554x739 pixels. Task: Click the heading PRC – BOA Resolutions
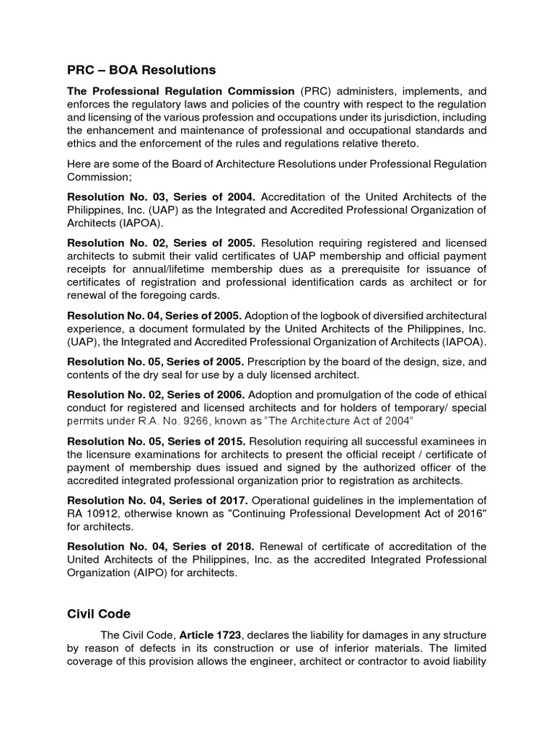tap(141, 70)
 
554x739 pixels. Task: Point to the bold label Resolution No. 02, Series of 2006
tap(157, 395)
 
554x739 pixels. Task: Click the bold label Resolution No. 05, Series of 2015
tap(157, 441)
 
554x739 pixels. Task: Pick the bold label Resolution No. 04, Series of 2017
tap(158, 500)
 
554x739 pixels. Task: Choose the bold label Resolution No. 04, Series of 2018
tap(158, 546)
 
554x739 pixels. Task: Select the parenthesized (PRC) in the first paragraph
tap(312, 91)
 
